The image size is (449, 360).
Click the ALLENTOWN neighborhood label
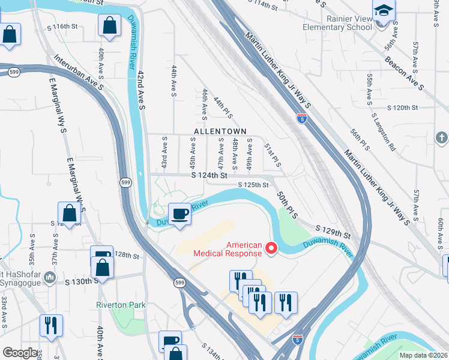point(220,131)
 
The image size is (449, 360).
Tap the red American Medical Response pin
point(271,247)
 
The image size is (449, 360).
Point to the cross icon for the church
point(441,138)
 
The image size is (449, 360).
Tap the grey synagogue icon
point(50,277)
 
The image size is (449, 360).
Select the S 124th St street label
point(209,176)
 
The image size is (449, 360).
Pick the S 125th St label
point(253,185)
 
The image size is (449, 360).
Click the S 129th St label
point(333,232)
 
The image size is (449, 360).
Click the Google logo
point(20,353)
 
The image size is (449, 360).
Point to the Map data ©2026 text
point(423,355)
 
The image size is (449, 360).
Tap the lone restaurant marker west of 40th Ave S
point(50,325)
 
